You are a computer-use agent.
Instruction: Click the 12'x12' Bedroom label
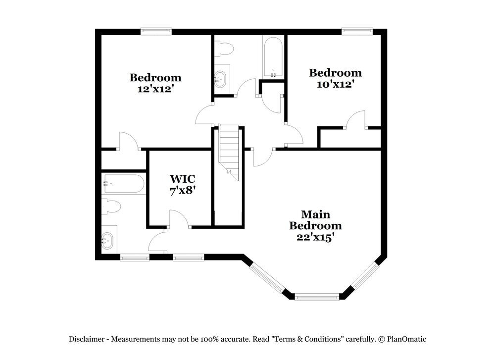(x=155, y=83)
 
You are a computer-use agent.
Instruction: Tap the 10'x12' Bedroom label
(x=335, y=78)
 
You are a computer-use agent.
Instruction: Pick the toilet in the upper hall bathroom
(x=224, y=49)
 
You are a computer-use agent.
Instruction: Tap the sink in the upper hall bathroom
(x=221, y=78)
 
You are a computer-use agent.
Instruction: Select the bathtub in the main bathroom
(x=123, y=184)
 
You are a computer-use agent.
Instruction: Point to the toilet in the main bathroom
(x=111, y=206)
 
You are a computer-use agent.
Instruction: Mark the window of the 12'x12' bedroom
(x=156, y=31)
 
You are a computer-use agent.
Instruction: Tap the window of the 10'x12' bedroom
(x=357, y=31)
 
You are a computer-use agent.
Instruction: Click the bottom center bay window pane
(x=317, y=297)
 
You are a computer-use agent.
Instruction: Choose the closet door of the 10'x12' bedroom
(x=355, y=121)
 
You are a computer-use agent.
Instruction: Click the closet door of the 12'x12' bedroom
(x=128, y=142)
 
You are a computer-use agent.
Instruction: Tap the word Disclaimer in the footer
(x=86, y=339)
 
